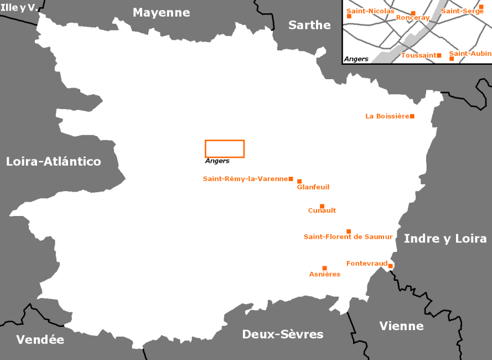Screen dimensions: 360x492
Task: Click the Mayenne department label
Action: coord(161,13)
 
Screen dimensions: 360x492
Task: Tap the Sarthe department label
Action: coord(309,25)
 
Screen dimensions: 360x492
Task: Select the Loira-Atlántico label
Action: coord(54,161)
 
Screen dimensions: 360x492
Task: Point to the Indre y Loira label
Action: coord(445,239)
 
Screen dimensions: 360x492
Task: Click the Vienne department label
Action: coord(401,326)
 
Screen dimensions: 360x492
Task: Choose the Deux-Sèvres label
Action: coord(283,334)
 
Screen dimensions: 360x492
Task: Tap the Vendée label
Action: coord(40,340)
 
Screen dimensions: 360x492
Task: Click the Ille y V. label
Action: coord(18,8)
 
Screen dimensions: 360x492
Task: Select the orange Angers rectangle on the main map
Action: coord(225,148)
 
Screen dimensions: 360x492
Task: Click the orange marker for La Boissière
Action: coord(412,116)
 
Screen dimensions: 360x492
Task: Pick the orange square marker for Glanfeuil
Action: coord(299,181)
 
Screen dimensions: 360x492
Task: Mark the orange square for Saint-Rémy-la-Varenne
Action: coord(291,179)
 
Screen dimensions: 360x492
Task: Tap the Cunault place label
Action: coord(322,210)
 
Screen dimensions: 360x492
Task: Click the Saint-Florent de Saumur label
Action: coord(348,237)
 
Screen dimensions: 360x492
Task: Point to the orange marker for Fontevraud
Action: coord(390,266)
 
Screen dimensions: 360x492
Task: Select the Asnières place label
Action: coord(324,274)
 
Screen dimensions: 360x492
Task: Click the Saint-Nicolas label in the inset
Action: coord(370,11)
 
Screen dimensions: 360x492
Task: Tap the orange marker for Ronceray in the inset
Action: coord(413,13)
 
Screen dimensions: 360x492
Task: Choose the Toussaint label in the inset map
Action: coord(418,55)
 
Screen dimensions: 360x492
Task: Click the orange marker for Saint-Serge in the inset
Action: coord(481,7)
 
